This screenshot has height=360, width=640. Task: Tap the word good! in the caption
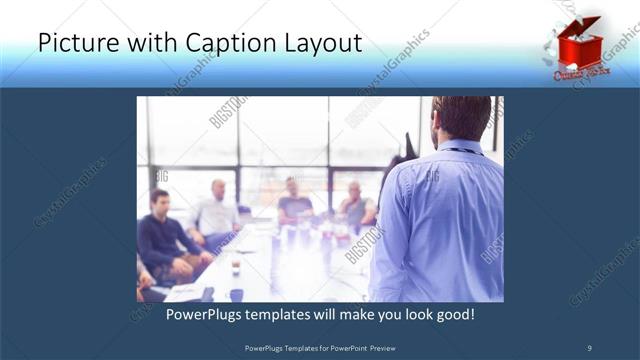click(x=453, y=315)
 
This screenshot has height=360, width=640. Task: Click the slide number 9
click(x=588, y=347)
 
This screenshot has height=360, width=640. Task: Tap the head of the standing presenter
click(x=462, y=118)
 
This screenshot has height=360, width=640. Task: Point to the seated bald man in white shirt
click(x=217, y=210)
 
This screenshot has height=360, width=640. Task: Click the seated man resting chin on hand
click(x=354, y=204)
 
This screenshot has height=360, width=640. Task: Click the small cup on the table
click(x=236, y=268)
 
